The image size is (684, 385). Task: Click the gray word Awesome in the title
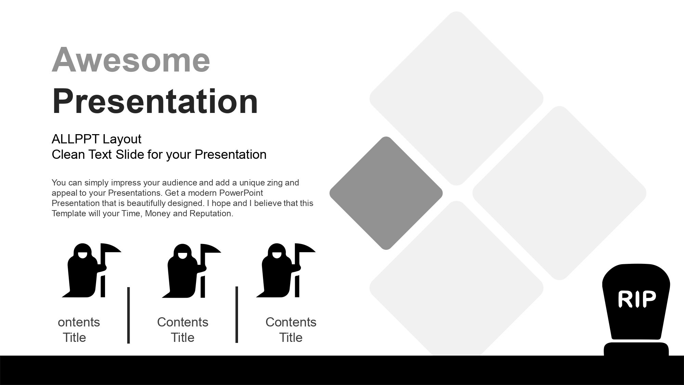click(x=131, y=60)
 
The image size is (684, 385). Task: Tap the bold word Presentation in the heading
click(x=155, y=101)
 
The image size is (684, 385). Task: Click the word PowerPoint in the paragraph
click(x=241, y=193)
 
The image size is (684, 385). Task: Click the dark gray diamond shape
click(x=386, y=193)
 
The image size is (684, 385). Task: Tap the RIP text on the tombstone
click(x=637, y=299)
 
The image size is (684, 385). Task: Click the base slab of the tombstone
click(x=636, y=349)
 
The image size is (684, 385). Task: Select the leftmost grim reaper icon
click(x=91, y=270)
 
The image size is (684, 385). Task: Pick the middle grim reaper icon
click(x=191, y=270)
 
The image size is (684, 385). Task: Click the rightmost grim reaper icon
click(x=286, y=270)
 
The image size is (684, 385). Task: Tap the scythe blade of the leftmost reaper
click(x=111, y=248)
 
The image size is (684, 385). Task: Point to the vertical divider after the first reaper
click(x=129, y=315)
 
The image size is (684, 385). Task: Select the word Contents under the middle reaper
click(x=183, y=322)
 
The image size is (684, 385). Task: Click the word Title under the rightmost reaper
click(x=291, y=337)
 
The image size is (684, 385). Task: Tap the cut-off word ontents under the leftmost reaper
click(x=79, y=322)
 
